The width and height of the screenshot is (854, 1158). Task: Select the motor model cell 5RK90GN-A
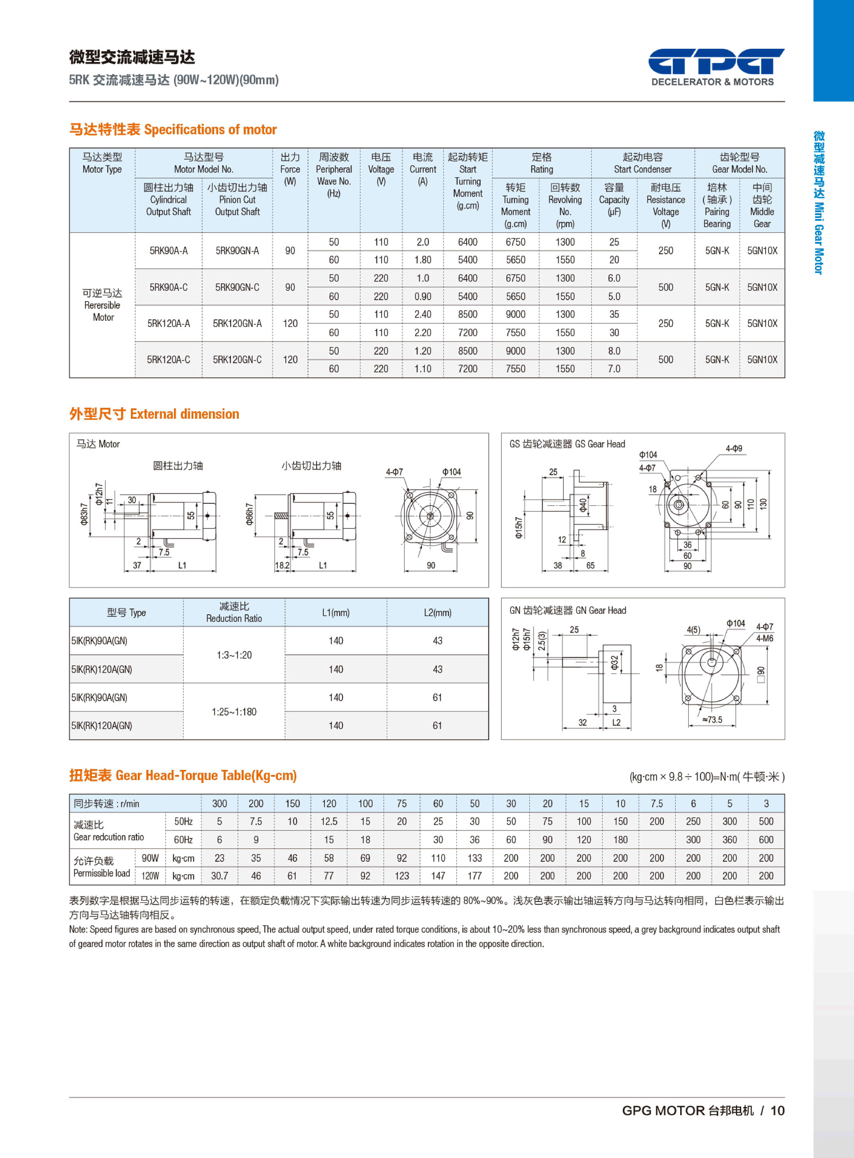237,250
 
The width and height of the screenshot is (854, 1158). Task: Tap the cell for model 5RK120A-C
169,359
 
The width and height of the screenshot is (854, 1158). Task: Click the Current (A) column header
422,169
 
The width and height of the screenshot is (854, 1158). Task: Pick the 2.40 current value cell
422,314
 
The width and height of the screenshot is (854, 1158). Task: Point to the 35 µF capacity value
614,314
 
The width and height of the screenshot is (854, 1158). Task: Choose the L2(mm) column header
437,613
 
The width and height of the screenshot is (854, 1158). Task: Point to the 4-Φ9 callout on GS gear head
734,448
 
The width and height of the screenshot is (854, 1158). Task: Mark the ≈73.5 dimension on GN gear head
712,720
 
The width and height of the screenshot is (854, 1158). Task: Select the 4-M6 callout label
764,638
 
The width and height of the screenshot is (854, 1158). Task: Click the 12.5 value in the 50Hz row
329,821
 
